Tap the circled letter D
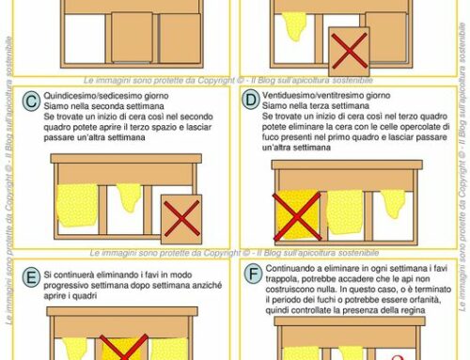coord(250,98)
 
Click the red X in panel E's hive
coord(123,347)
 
